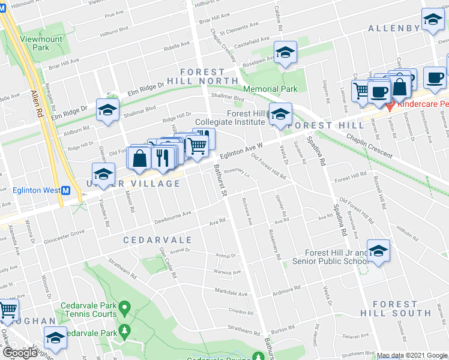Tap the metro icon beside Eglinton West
[66, 190]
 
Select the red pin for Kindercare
[390, 107]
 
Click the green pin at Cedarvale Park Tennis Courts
[124, 308]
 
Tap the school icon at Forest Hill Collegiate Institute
[280, 113]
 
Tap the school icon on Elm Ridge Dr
[107, 109]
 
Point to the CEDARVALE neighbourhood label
[152, 239]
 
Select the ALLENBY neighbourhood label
[393, 28]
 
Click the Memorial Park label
[271, 89]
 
